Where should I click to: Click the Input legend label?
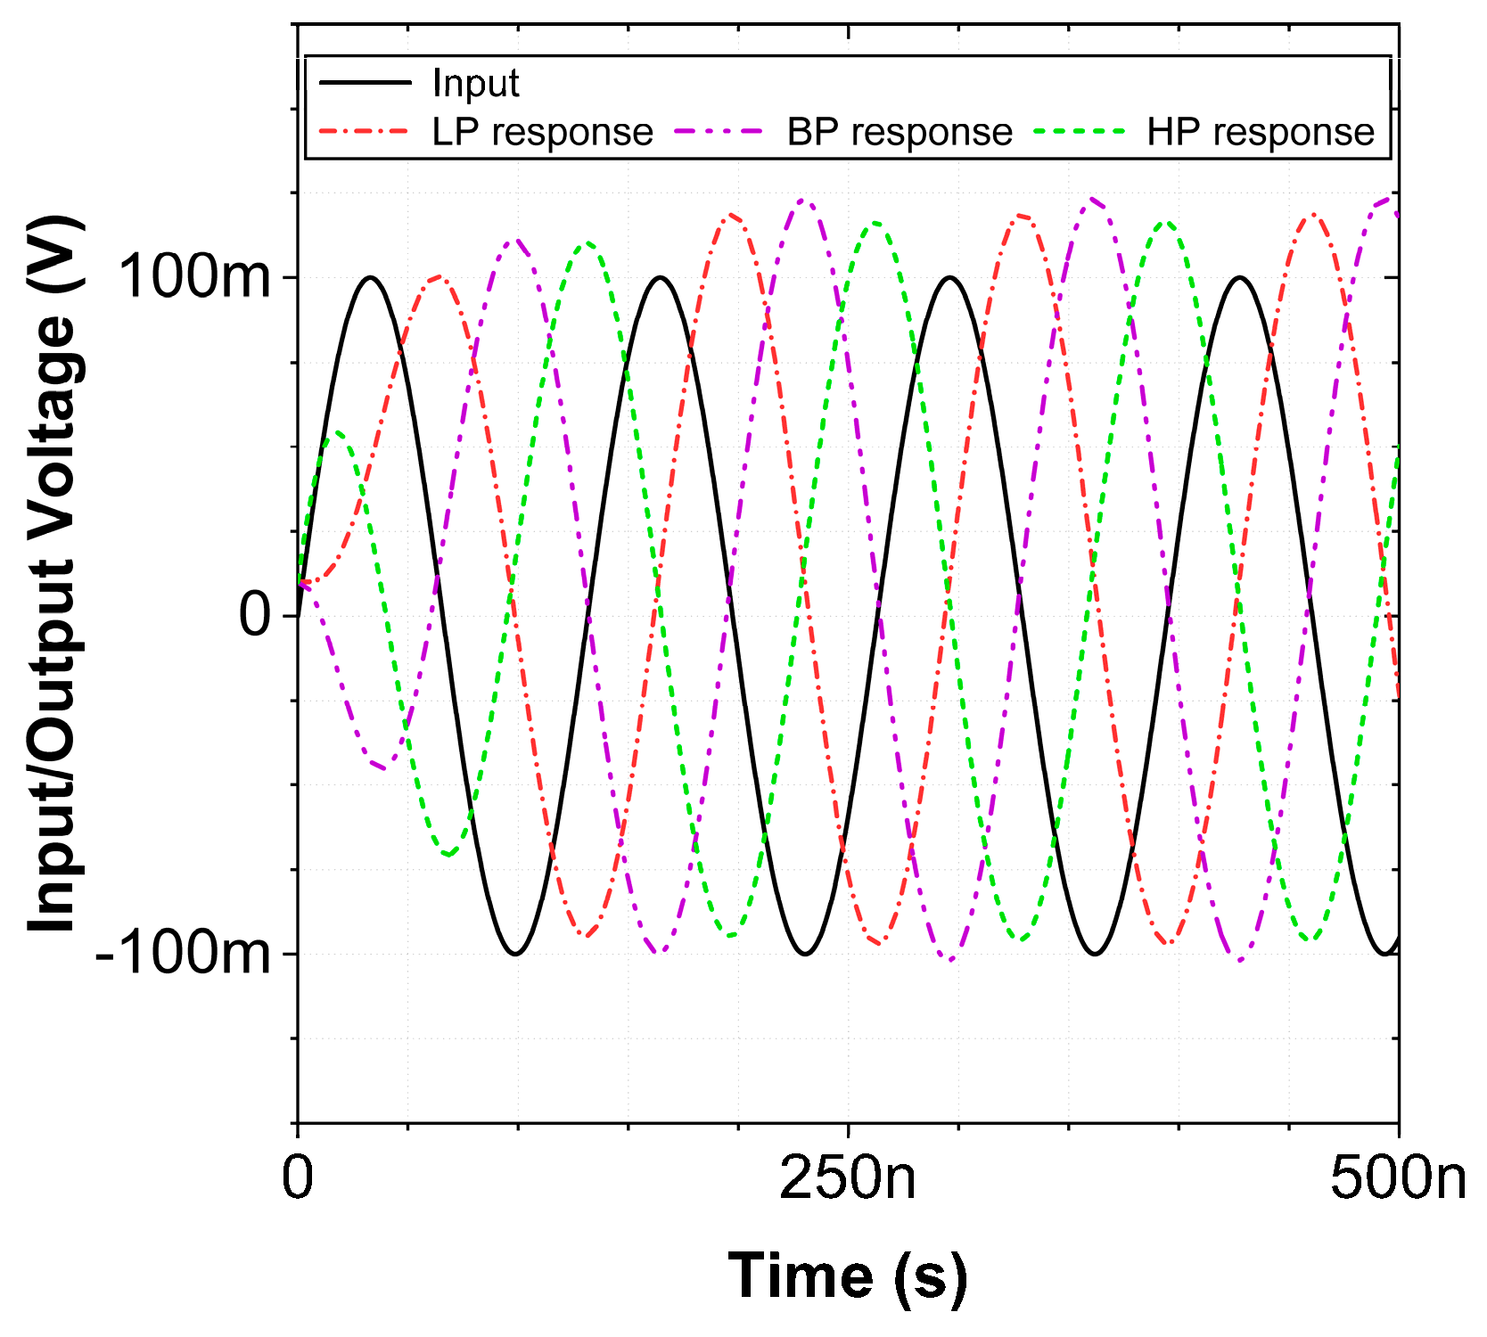[475, 84]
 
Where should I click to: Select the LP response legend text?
[542, 132]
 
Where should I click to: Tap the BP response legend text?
[899, 132]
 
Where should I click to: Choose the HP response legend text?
[1261, 132]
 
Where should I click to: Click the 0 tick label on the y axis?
[255, 615]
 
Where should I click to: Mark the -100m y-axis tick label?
[182, 954]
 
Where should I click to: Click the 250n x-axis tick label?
[847, 1178]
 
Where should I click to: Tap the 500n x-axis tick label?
[1397, 1178]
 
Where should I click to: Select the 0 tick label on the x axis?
[298, 1178]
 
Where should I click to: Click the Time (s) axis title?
[847, 1276]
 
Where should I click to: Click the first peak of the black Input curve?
[370, 277]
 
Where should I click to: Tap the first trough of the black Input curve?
[515, 954]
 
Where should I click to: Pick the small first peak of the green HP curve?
[337, 432]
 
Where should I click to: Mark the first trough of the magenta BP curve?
[383, 767]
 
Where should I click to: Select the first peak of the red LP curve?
[439, 277]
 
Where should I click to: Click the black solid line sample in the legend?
[366, 83]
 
